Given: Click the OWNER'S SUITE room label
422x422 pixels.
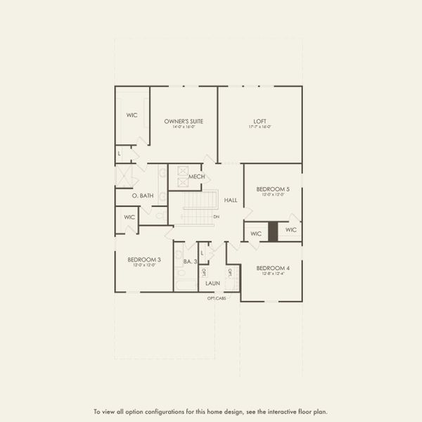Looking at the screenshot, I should pyautogui.click(x=184, y=121).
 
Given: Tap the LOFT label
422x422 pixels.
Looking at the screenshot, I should pyautogui.click(x=260, y=121).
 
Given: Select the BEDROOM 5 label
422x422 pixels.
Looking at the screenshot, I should pyautogui.click(x=273, y=189).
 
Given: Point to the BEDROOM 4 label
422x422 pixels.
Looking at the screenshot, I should pyautogui.click(x=273, y=268).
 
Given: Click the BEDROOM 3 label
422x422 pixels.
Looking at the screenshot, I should pyautogui.click(x=144, y=260).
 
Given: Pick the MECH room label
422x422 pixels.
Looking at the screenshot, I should pyautogui.click(x=196, y=177).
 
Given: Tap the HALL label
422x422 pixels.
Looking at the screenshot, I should pyautogui.click(x=231, y=200).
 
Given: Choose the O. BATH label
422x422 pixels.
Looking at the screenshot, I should pyautogui.click(x=143, y=196).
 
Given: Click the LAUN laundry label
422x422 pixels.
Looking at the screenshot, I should pyautogui.click(x=213, y=283).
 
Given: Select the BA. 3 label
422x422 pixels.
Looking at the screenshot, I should pyautogui.click(x=189, y=262).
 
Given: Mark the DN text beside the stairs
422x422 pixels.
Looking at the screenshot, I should pyautogui.click(x=216, y=217).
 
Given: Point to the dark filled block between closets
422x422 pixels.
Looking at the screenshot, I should pyautogui.click(x=272, y=233).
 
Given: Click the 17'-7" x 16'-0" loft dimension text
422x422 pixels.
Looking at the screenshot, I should pyautogui.click(x=260, y=127).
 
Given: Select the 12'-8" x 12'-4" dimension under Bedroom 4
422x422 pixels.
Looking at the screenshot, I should pyautogui.click(x=273, y=274).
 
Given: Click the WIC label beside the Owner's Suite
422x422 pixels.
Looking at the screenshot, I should pyautogui.click(x=132, y=114).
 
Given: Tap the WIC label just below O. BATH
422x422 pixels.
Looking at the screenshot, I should pyautogui.click(x=129, y=217).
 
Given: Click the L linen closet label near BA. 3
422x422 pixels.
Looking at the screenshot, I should pyautogui.click(x=203, y=252).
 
